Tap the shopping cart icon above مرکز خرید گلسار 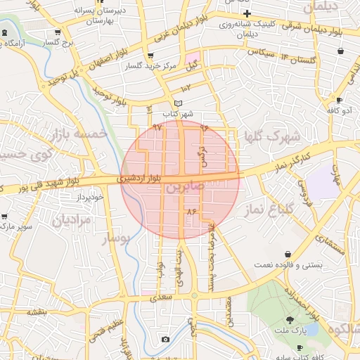coord(150,56)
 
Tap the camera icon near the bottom coord(165,340)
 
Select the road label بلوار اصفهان coord(110,61)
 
